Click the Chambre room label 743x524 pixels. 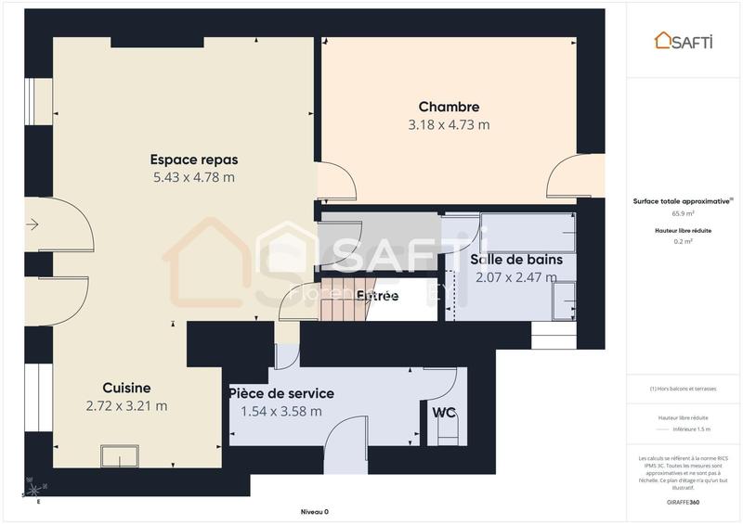pos(449,107)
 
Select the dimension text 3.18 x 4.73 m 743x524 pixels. pos(449,124)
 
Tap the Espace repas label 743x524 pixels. pos(193,159)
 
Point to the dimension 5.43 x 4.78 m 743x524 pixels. pos(193,177)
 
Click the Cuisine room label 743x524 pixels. pos(126,388)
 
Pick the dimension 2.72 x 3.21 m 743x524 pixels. pos(126,405)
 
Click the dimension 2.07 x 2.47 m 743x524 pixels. pos(515,276)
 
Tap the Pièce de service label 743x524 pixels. pos(281,393)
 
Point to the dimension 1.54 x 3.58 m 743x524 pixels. pos(281,411)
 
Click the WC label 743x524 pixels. pos(442,411)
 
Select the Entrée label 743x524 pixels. pos(378,296)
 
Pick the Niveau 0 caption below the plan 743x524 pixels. pos(314,512)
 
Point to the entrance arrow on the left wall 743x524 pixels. pos(33,224)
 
